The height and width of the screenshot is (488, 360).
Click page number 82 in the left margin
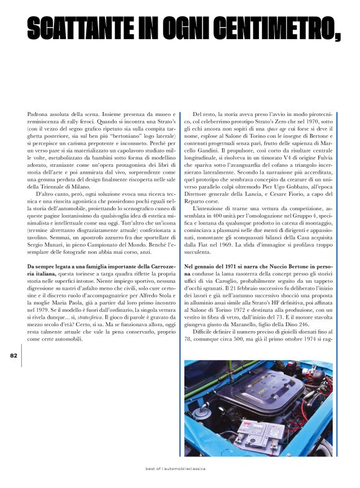point(14,355)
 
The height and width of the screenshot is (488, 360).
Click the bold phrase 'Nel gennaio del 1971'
point(214,266)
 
